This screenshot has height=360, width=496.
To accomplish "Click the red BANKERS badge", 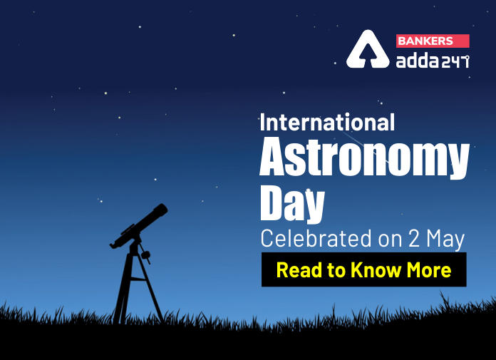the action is (433, 41).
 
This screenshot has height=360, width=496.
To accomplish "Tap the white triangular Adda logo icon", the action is (368, 49).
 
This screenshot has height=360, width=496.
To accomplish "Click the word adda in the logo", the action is (417, 60).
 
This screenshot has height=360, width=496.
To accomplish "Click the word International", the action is (327, 123).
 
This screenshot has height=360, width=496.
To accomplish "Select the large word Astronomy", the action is (364, 158).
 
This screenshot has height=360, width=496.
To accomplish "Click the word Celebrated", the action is (316, 239).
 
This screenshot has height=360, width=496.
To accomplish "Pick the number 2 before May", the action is (413, 239).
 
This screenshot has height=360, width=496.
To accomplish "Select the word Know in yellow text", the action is (376, 270).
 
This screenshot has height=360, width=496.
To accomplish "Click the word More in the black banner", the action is (428, 270).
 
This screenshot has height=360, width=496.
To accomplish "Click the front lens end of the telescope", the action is (161, 210).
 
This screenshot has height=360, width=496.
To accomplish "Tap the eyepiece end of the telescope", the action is (113, 245).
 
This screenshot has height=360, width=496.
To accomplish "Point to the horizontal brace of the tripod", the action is (138, 279).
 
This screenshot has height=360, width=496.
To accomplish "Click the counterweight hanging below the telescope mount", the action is (146, 254).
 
